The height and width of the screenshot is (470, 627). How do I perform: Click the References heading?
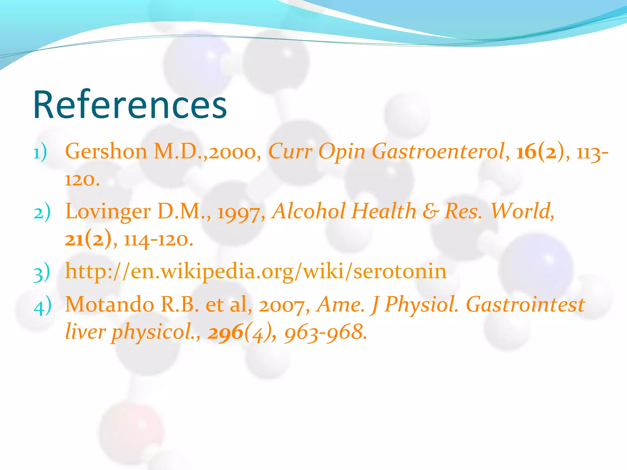[x=130, y=105]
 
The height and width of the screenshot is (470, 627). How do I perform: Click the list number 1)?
[x=40, y=152]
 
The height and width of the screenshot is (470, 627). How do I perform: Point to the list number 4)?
[x=42, y=305]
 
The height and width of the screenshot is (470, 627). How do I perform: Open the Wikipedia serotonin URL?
[x=256, y=271]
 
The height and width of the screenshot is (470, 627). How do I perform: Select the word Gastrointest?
[x=525, y=305]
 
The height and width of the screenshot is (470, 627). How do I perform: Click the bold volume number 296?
[x=225, y=332]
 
